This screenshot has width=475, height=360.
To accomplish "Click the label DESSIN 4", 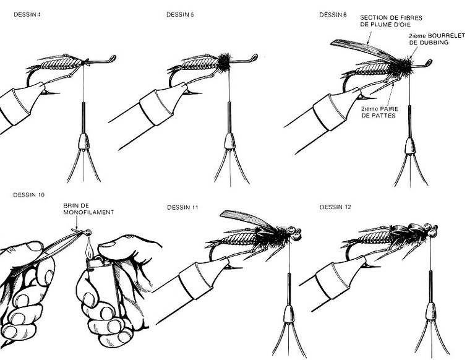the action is tap(27, 15).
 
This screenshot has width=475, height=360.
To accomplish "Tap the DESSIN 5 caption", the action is tap(180, 15).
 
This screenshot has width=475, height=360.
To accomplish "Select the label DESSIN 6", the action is tap(333, 15).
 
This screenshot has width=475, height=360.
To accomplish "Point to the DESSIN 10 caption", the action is tap(29, 195).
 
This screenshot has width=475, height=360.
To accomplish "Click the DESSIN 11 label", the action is tap(182, 207).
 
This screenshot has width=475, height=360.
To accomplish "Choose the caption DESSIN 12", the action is tap(335, 207).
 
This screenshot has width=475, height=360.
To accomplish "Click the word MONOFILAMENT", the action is tap(88, 212).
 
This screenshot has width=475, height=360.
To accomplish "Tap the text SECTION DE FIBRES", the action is tap(391, 18).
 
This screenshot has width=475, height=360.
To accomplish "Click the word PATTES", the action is tap(383, 116).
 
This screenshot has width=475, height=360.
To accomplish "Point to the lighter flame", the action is tap(88, 249).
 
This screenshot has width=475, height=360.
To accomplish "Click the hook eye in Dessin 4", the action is tap(113, 58).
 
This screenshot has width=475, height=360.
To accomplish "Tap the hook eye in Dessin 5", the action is tap(254, 58).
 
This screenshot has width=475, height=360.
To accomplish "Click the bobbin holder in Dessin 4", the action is tap(83, 142).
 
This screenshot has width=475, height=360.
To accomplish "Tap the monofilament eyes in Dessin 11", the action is tap(295, 232).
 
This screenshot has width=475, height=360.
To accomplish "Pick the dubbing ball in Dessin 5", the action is tap(224, 62).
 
